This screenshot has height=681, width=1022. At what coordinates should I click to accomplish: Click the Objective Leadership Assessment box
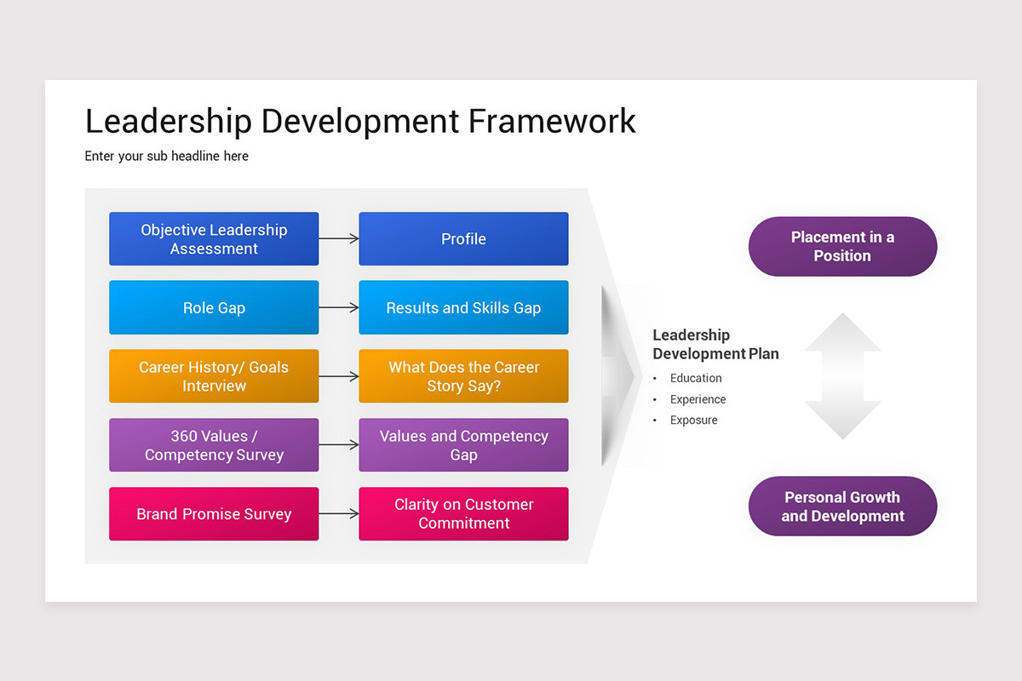pyautogui.click(x=214, y=238)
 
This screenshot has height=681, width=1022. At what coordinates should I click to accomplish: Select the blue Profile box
pyautogui.click(x=463, y=238)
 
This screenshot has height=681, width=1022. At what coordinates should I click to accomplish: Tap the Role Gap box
pyautogui.click(x=214, y=307)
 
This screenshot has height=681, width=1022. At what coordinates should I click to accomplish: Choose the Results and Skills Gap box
pyautogui.click(x=463, y=307)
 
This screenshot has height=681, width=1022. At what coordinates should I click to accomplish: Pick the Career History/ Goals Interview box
pyautogui.click(x=214, y=376)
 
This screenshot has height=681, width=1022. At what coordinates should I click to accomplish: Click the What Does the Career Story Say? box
pyautogui.click(x=463, y=376)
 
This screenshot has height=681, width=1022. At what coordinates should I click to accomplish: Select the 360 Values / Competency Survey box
pyautogui.click(x=214, y=444)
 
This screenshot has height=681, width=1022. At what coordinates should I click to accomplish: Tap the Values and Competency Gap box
pyautogui.click(x=463, y=444)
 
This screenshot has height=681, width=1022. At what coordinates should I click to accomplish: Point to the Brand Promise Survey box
pyautogui.click(x=214, y=513)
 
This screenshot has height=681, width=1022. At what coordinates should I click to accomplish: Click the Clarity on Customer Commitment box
pyautogui.click(x=463, y=513)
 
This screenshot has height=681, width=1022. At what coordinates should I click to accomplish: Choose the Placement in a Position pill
pyautogui.click(x=842, y=246)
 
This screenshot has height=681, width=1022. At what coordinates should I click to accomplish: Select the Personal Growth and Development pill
pyautogui.click(x=842, y=506)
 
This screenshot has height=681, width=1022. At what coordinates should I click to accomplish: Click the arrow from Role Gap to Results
pyautogui.click(x=339, y=307)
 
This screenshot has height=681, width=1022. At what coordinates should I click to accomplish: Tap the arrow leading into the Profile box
pyautogui.click(x=339, y=238)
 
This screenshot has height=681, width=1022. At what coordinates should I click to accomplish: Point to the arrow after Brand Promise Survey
pyautogui.click(x=339, y=513)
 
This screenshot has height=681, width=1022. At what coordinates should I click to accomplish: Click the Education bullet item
pyautogui.click(x=696, y=378)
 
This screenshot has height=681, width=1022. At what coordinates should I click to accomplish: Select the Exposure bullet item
pyautogui.click(x=693, y=421)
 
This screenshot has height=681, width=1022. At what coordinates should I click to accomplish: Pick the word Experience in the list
pyautogui.click(x=698, y=399)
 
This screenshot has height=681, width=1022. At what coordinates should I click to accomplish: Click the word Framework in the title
pyautogui.click(x=552, y=122)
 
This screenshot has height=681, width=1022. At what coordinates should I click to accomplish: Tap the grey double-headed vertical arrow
pyautogui.click(x=842, y=376)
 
